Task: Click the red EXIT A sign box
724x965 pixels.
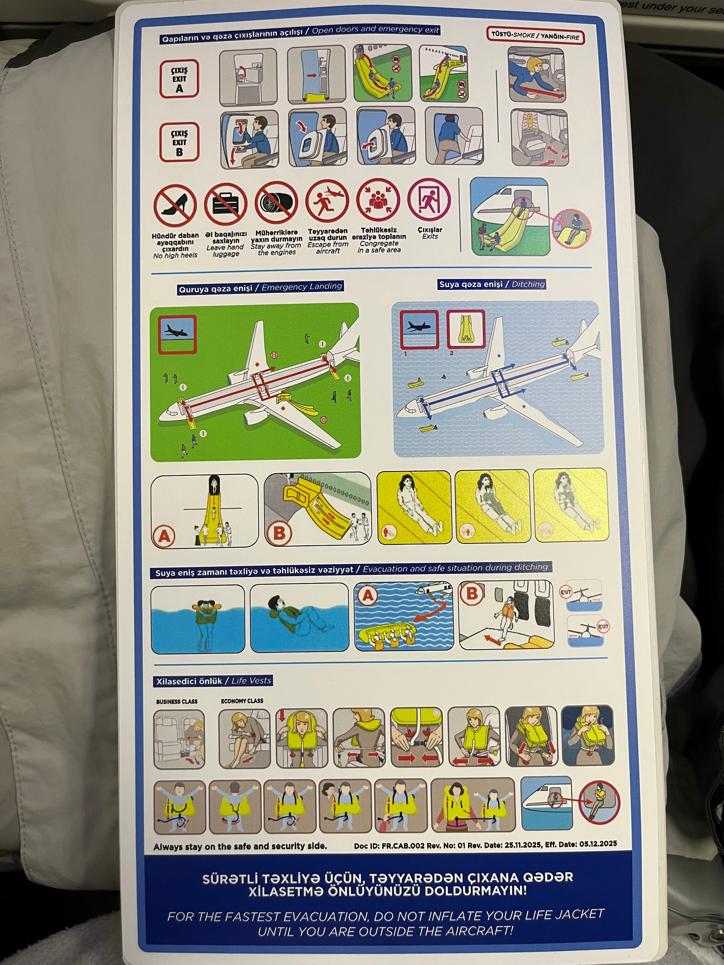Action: point(179,79)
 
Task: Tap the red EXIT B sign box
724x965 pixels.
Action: point(179,142)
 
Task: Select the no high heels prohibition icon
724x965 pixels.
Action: point(175,205)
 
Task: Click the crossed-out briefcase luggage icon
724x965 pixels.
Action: point(225,204)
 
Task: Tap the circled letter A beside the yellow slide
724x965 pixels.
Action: point(164,535)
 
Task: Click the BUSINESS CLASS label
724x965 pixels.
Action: point(177,702)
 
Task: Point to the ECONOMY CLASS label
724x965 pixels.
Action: point(242,701)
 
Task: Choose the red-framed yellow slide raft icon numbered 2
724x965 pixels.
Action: point(466,329)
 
